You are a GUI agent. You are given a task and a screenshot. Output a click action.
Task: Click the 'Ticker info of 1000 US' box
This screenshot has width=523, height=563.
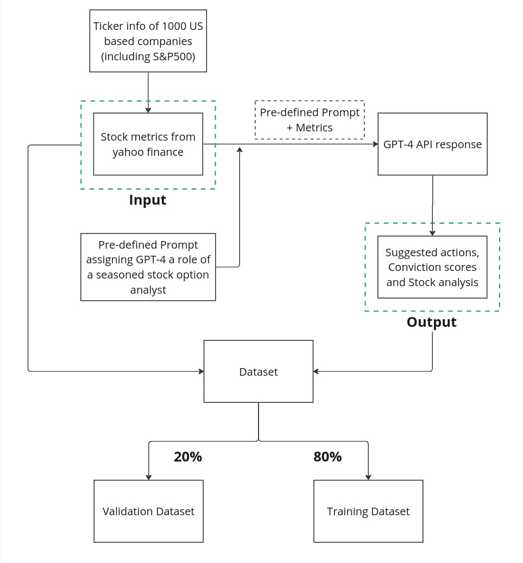pos(148,41)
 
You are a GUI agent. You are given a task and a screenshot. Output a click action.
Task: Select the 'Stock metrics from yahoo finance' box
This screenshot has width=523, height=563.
pos(148,144)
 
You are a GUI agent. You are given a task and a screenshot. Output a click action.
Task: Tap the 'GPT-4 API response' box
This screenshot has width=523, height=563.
pos(432,144)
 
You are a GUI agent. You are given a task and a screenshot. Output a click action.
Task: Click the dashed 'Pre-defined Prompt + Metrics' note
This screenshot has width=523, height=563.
pos(310,120)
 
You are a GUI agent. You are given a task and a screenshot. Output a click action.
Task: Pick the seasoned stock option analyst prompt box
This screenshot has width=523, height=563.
pos(148,267)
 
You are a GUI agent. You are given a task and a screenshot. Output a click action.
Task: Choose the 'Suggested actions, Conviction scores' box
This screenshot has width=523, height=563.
pos(432,267)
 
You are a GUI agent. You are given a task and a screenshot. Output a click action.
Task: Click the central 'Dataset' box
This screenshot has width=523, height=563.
pos(259,371)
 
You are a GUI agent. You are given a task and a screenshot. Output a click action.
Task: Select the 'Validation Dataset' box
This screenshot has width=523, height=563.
pos(148,511)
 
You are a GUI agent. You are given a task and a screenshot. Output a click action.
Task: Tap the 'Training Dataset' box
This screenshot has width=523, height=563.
pos(368,511)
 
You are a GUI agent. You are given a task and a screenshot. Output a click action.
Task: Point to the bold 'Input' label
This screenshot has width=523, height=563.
pos(148,200)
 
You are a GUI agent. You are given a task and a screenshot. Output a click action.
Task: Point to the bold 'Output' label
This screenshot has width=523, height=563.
pos(432,322)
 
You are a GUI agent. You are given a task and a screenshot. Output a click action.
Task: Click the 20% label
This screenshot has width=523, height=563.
pos(188,457)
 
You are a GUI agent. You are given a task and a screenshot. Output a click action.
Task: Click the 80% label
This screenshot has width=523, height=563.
pos(327,457)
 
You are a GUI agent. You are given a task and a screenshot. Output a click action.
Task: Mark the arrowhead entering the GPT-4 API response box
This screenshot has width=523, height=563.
pos(375,144)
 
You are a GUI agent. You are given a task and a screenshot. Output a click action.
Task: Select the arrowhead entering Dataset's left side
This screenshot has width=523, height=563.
pos(201,371)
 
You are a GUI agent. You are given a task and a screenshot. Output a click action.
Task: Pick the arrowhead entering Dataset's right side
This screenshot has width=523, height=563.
pos(316,371)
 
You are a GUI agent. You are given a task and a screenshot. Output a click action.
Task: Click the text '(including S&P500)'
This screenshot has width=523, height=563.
pos(148,56)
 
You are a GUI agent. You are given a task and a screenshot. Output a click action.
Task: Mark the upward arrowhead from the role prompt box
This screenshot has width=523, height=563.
pos(240,149)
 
